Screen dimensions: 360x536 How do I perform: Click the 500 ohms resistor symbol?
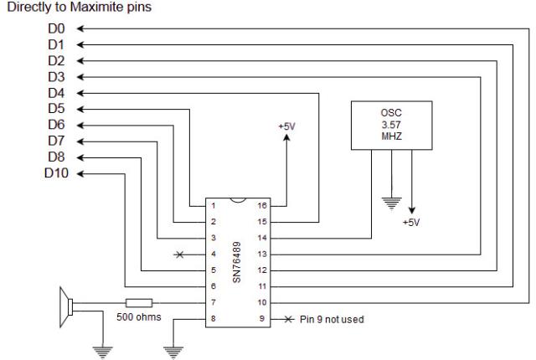pos(137,302)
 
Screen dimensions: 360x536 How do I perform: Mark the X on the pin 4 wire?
pos(178,254)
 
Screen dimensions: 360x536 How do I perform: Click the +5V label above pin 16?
pos(287,126)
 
